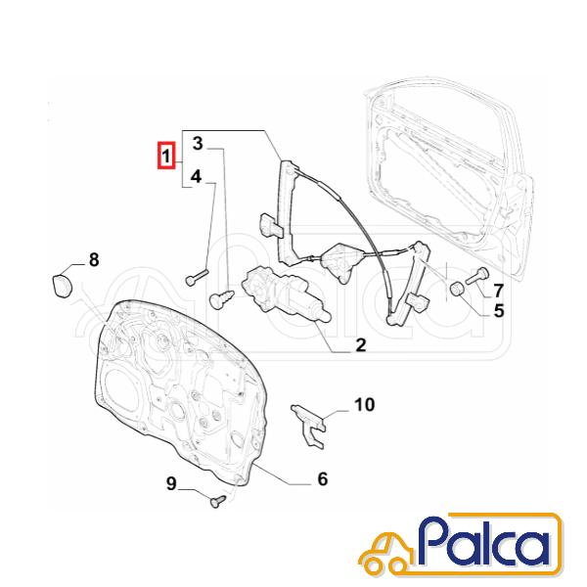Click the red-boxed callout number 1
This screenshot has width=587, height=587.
tap(166, 156)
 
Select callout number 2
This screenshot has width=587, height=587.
tap(360, 344)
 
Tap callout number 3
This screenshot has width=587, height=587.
tap(198, 144)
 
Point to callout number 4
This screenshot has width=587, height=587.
tap(197, 176)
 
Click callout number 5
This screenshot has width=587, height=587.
tap(499, 310)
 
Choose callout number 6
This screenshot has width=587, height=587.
tap(323, 478)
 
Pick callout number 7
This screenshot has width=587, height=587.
tap(498, 291)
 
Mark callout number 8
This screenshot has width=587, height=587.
tap(94, 259)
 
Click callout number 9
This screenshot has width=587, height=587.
tap(171, 484)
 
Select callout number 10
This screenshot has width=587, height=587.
tap(364, 405)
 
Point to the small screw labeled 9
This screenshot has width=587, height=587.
tap(218, 501)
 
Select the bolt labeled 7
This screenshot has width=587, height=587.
tap(477, 276)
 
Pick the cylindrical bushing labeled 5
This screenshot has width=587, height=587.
tap(457, 289)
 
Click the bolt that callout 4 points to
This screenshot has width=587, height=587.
tap(197, 277)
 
